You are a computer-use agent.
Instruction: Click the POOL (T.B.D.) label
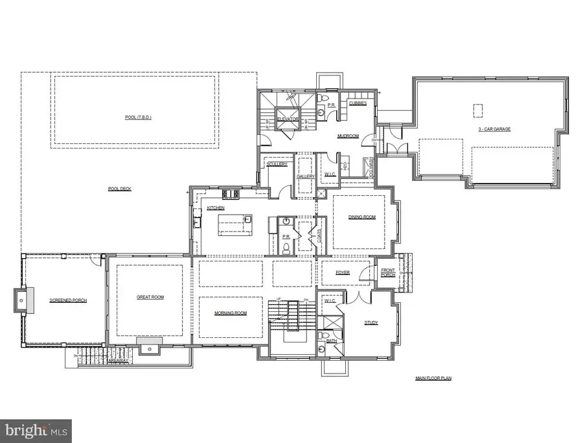pyautogui.click(x=135, y=117)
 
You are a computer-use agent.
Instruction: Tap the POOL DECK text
pyautogui.click(x=120, y=189)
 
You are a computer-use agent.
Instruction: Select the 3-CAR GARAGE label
pyautogui.click(x=494, y=129)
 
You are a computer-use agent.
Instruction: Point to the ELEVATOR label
pyautogui.click(x=288, y=119)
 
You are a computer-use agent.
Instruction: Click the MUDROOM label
pyautogui.click(x=348, y=136)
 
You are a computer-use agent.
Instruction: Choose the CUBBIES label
pyautogui.click(x=358, y=102)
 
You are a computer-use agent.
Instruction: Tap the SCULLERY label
pyautogui.click(x=277, y=164)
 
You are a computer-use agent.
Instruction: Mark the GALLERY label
pyautogui.click(x=305, y=176)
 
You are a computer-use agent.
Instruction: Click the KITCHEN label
pyautogui.click(x=216, y=208)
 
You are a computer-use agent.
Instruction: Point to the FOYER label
pyautogui.click(x=342, y=273)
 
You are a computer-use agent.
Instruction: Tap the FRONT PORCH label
pyautogui.click(x=388, y=272)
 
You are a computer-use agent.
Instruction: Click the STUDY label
pyautogui.click(x=371, y=322)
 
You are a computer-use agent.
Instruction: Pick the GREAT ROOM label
pyautogui.click(x=150, y=298)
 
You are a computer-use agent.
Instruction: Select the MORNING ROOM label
pyautogui.click(x=231, y=313)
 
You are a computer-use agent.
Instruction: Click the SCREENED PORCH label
pyautogui.click(x=68, y=300)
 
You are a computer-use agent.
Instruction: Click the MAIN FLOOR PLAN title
pyautogui.click(x=433, y=377)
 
